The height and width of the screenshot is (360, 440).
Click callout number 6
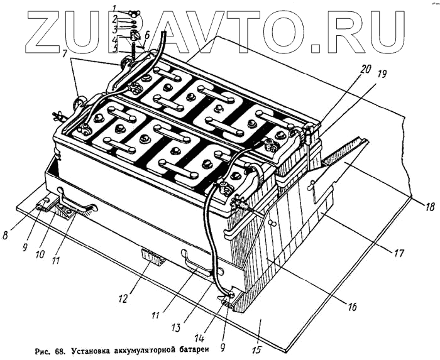[x=146, y=36]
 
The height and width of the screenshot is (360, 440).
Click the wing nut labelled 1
[x=133, y=13]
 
